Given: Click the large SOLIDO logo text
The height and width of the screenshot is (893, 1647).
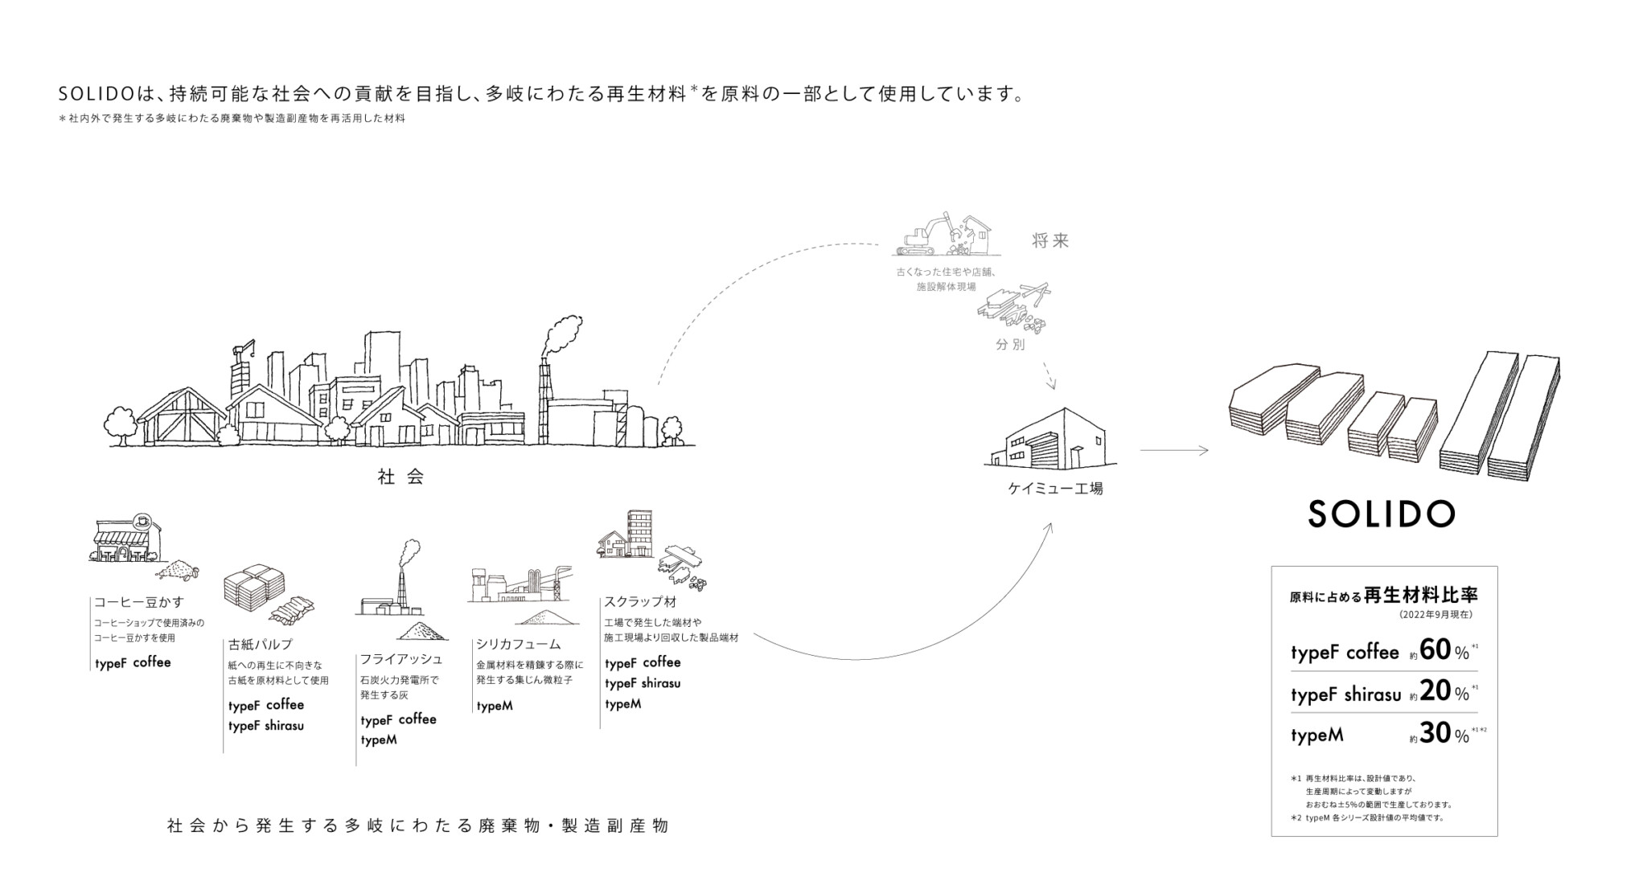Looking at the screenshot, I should pos(1381,514).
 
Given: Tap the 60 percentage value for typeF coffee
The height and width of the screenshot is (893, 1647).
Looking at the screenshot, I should pos(1435,649).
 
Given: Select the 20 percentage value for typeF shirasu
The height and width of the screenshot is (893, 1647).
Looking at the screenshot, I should pos(1435,691).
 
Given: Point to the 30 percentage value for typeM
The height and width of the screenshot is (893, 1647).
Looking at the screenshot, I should pos(1435,733).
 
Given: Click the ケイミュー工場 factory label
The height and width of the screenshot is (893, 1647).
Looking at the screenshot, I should pos(1055,488).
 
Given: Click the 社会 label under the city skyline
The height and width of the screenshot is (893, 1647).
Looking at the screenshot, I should pos(400,477).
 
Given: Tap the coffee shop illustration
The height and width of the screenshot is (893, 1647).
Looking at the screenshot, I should pos(125,538).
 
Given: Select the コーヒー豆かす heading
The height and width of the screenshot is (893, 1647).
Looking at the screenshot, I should pos(139,602).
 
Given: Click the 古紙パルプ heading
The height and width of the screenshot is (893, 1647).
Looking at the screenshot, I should pos(260,644).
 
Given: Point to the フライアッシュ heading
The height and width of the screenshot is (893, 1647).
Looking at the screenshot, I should pos(400,659).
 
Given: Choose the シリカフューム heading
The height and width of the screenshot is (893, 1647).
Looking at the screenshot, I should pos(518,644).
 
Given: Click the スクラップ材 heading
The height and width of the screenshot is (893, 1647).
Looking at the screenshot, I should pos(640,601).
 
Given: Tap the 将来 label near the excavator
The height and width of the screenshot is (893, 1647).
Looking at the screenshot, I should pos(1050,241).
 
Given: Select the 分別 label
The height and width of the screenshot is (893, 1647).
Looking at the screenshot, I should pos(1010,345).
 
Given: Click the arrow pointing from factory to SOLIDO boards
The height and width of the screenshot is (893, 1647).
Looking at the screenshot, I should pos(1173,451).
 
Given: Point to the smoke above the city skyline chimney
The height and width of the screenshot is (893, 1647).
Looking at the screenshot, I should pos(563,334).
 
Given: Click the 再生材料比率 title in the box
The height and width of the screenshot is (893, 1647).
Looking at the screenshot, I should pos(1421,596).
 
